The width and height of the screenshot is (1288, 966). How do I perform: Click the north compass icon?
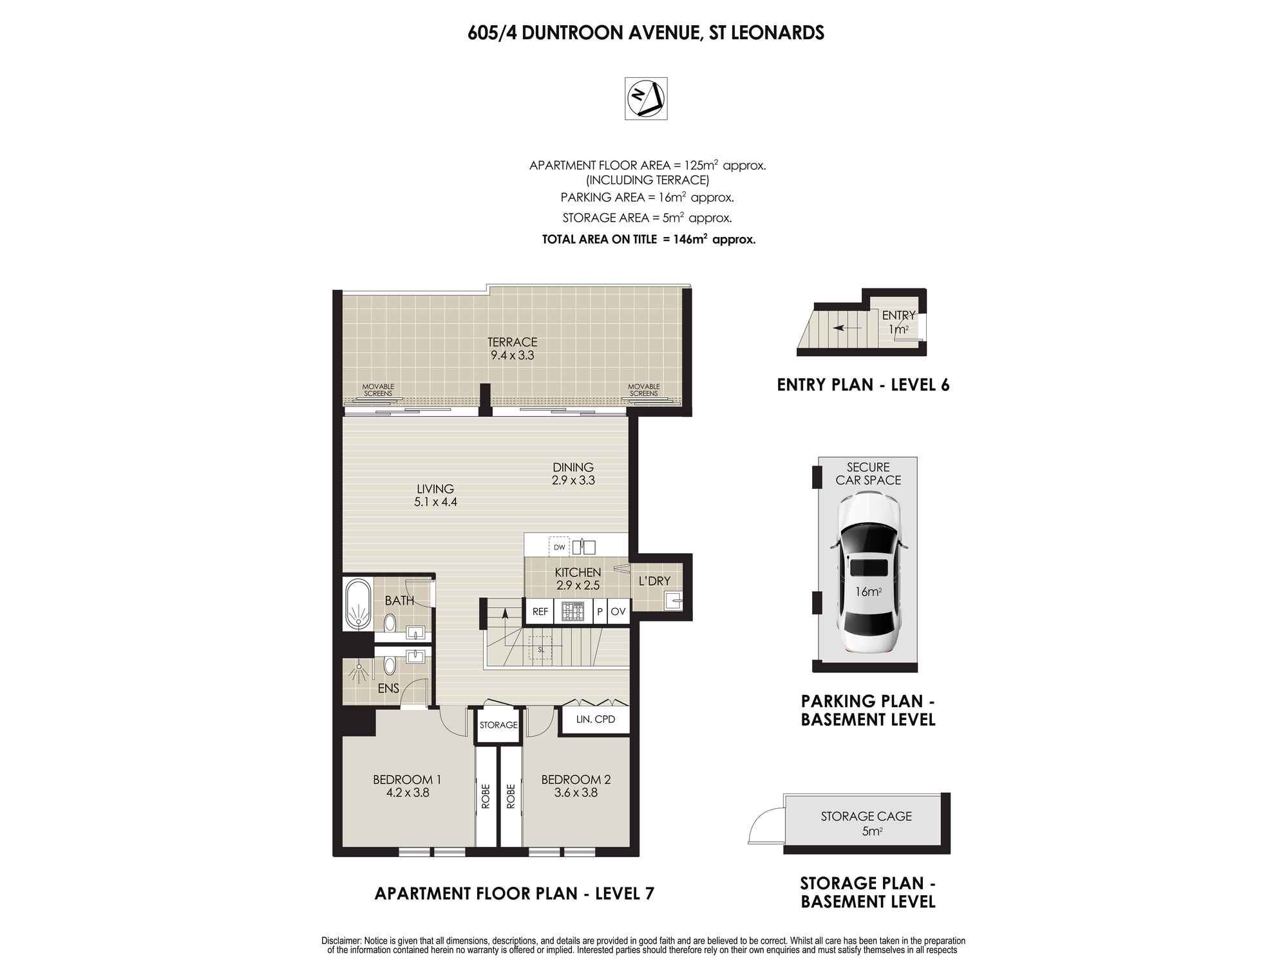coord(646,99)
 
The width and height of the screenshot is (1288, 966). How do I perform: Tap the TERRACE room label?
coord(512,342)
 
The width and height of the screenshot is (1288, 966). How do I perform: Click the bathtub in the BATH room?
coord(358,604)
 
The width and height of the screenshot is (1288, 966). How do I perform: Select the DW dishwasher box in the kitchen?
coord(559,547)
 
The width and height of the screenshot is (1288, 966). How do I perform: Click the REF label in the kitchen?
coord(540,612)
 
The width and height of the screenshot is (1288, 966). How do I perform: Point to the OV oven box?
coord(618,612)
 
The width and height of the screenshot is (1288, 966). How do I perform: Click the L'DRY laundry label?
coord(654,581)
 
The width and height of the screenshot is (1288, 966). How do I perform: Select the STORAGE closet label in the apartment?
coord(498,724)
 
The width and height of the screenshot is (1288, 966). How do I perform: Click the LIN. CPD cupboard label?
coord(596,719)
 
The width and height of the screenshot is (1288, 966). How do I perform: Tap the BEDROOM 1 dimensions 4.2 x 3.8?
coord(408,793)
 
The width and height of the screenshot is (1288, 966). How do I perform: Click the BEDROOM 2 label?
coord(576,779)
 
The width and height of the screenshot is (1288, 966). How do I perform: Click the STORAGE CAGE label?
coord(866,816)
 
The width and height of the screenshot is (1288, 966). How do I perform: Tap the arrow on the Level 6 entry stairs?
coord(847,328)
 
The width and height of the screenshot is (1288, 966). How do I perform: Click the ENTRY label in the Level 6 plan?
coord(898,315)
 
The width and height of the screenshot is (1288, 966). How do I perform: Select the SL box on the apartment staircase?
coord(541,650)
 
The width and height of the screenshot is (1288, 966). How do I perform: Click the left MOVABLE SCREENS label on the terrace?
coord(378,390)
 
